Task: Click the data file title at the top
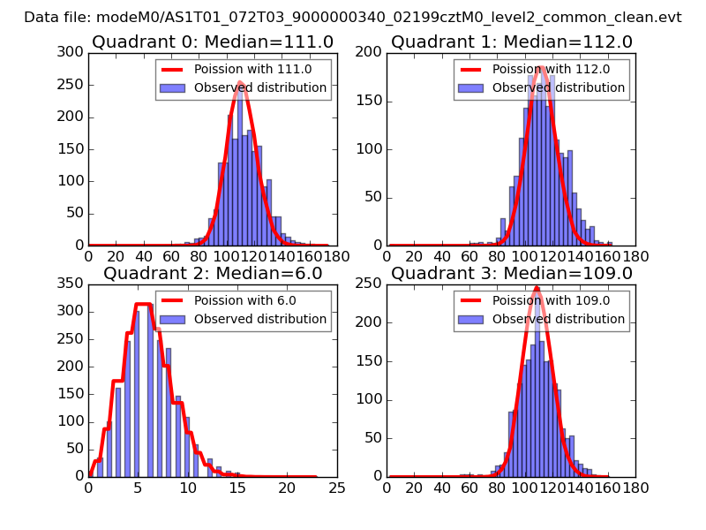353,17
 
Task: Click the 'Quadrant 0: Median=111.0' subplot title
213,42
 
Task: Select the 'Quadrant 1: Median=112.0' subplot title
512,42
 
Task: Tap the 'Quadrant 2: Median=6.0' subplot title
213,273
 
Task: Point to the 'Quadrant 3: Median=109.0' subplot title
512,273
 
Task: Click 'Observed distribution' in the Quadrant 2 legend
260,319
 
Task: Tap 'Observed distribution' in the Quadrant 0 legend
260,87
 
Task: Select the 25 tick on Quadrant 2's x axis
337,487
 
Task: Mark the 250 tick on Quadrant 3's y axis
372,284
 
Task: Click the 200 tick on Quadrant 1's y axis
372,52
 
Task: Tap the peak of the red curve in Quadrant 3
537,287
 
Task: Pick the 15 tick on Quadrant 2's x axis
237,487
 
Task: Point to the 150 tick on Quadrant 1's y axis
372,101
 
